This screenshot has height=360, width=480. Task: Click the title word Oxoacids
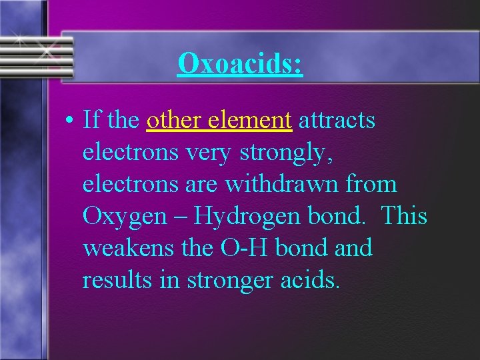240,63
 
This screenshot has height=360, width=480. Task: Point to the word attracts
337,121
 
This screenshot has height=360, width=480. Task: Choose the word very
208,153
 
